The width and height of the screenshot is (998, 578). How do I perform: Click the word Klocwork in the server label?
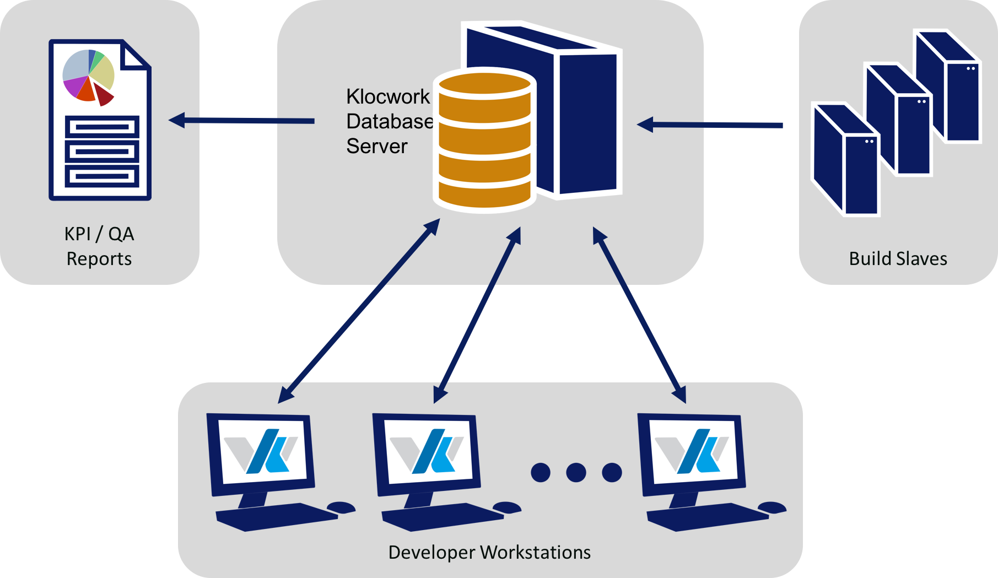[x=387, y=96]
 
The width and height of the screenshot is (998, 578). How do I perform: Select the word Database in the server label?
[x=390, y=121]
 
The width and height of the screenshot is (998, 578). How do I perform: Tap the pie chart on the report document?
[x=88, y=76]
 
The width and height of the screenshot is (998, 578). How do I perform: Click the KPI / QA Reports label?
[x=99, y=246]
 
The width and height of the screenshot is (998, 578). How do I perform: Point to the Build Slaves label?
[x=898, y=258]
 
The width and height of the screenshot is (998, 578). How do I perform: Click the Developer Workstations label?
[x=489, y=552]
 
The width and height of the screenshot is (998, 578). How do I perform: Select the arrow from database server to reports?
[x=242, y=120]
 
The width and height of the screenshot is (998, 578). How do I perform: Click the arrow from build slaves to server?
[x=711, y=125]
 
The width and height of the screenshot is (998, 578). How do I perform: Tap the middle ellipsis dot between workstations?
[x=576, y=472]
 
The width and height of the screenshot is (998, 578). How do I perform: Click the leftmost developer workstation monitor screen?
[x=263, y=451]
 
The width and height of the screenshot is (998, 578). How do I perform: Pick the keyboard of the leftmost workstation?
[x=276, y=517]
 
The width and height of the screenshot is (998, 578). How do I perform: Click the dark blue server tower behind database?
[x=587, y=121]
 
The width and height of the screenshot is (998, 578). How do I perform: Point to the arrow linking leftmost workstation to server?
[x=358, y=311]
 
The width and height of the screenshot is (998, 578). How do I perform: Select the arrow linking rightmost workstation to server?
[x=639, y=314]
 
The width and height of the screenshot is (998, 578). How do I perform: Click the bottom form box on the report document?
[x=102, y=176]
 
